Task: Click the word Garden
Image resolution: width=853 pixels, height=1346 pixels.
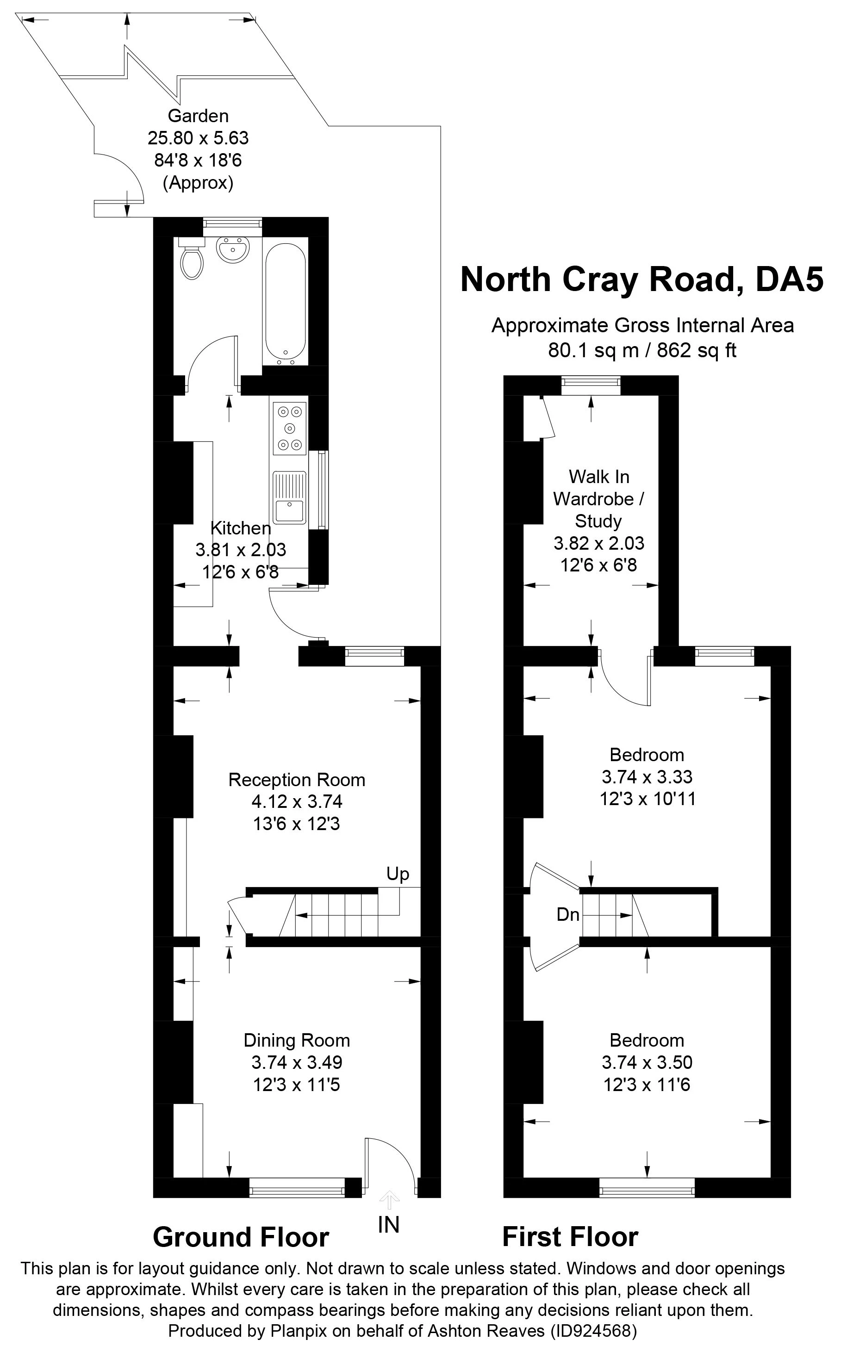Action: (199, 116)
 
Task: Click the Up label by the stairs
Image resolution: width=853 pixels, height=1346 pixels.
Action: (398, 874)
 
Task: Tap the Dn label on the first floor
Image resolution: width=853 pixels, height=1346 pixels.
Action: (568, 914)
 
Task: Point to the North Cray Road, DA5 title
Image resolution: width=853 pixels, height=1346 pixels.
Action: (641, 279)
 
